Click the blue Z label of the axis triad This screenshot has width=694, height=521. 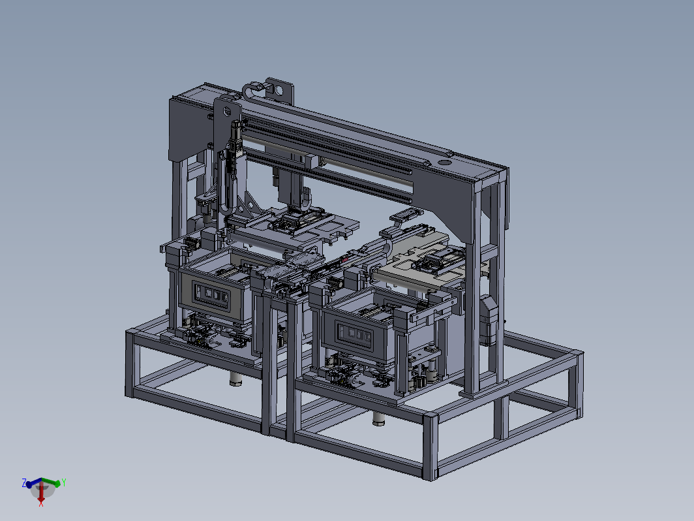[x=24, y=483]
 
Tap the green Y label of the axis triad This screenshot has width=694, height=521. [x=64, y=482]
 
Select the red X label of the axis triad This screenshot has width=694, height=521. [x=40, y=504]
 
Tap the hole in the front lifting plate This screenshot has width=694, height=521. [x=226, y=111]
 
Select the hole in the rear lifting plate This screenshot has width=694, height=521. [x=279, y=91]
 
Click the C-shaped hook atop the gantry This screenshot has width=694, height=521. [x=253, y=90]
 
